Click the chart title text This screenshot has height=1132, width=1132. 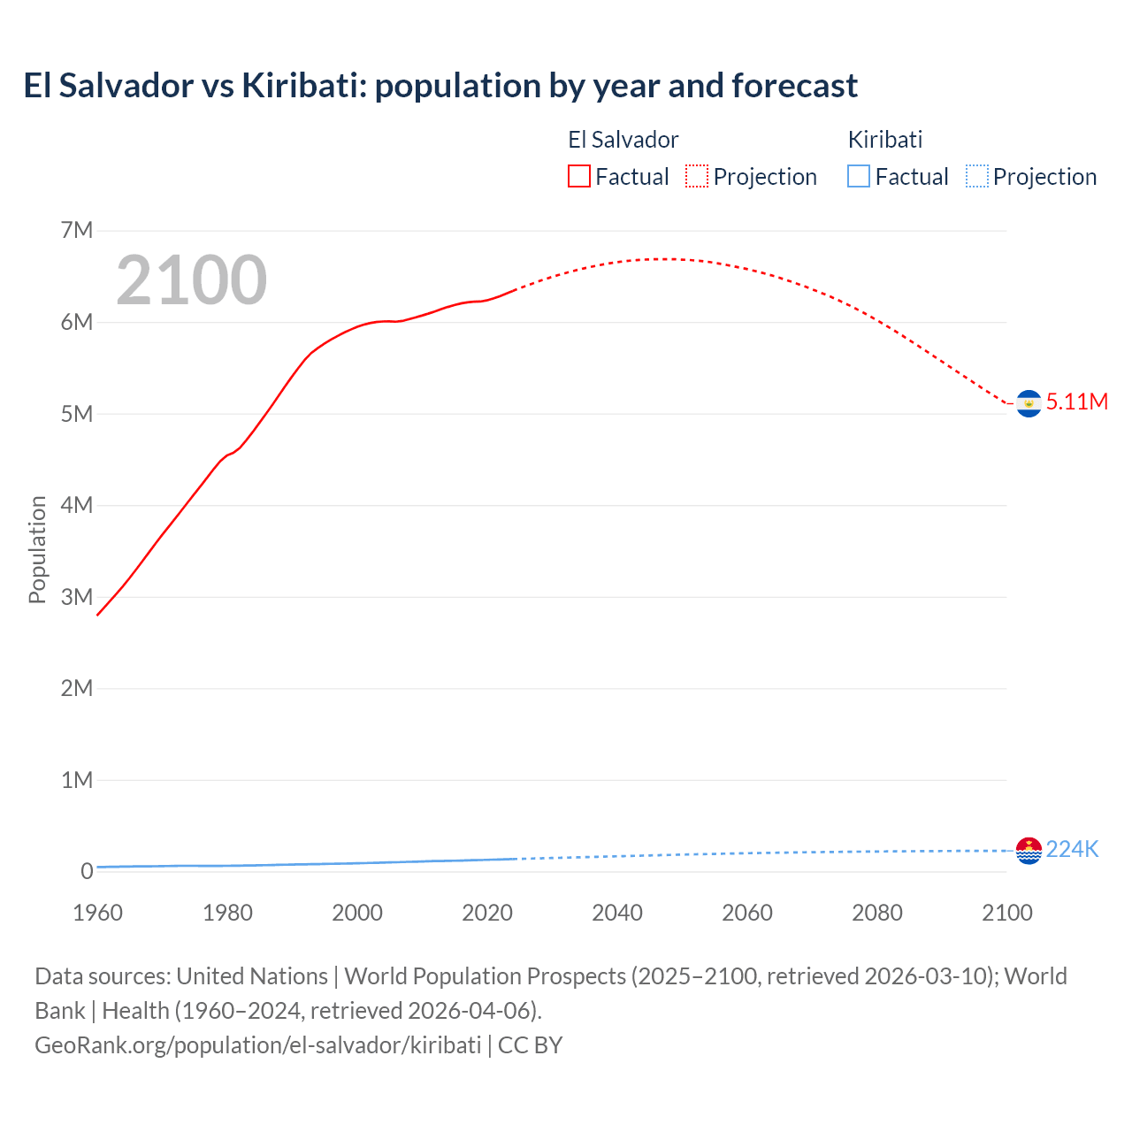click(440, 86)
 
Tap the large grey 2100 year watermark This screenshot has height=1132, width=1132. click(191, 280)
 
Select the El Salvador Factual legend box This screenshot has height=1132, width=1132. click(579, 177)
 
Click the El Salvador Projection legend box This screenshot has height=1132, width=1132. click(697, 177)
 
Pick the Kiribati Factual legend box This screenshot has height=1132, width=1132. click(859, 177)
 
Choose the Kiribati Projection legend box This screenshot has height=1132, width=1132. click(977, 177)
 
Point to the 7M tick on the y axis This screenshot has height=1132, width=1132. click(77, 231)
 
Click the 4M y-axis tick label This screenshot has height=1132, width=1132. click(77, 505)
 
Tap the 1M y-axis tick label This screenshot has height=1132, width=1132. click(77, 780)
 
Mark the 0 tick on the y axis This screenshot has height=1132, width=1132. click(87, 871)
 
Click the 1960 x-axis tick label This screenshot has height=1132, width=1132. click(97, 913)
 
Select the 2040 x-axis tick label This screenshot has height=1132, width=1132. click(617, 913)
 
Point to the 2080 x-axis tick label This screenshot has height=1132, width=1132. click(877, 913)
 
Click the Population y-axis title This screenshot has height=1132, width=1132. click(37, 549)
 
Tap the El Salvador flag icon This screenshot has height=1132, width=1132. click(1029, 403)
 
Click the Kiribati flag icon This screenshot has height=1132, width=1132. click(1029, 850)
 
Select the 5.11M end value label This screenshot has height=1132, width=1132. click(1077, 402)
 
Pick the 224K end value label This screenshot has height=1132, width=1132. click(1072, 850)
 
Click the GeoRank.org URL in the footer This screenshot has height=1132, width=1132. click(257, 1045)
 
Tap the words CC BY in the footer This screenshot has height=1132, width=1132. click(530, 1045)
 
